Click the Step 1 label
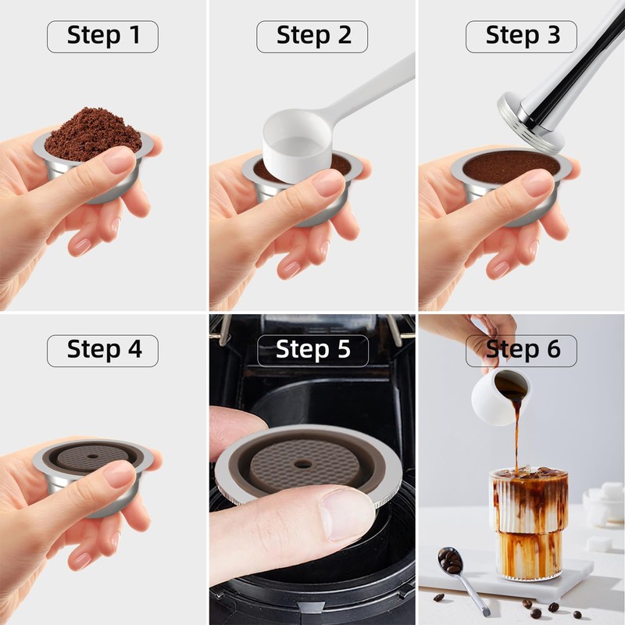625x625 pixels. coord(103,37)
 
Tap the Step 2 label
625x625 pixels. coord(312,37)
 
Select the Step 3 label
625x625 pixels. coord(521,37)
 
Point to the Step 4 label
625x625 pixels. coord(103,351)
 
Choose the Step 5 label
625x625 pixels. coord(313,351)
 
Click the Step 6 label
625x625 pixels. coord(521,351)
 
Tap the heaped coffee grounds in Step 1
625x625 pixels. coord(94,134)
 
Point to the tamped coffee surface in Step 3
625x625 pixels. coord(512,166)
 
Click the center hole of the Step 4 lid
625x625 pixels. coord(93,456)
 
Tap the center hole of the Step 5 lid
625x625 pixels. coord(303,464)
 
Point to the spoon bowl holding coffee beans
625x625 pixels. coord(451,560)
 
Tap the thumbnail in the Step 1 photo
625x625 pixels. coord(120,159)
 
